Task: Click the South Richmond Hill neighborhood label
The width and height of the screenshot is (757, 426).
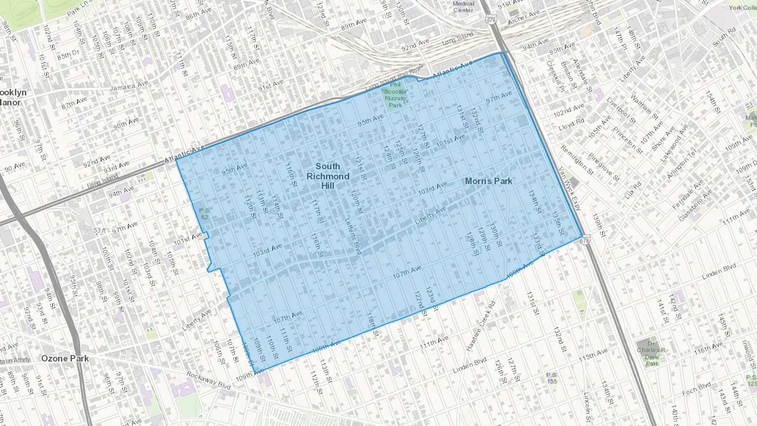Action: point(328,176)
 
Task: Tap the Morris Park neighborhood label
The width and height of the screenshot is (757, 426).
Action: point(488,181)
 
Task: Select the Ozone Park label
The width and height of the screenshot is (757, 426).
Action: point(65,359)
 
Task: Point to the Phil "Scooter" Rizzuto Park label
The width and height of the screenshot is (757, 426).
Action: point(395,95)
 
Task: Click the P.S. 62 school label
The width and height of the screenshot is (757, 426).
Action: point(204,214)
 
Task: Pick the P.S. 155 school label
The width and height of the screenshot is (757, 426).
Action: point(552,378)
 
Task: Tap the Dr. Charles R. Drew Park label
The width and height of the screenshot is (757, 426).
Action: point(651,354)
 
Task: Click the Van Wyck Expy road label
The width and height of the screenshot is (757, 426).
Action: point(569,188)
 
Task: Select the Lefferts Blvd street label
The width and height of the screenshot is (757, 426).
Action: point(353,236)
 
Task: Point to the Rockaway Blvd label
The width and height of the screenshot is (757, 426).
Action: point(209,380)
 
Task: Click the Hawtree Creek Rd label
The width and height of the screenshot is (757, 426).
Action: point(480,325)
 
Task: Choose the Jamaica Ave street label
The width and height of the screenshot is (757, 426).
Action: point(129,86)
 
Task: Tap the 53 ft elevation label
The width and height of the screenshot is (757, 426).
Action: point(100,230)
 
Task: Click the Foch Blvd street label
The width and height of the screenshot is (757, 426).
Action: point(696,389)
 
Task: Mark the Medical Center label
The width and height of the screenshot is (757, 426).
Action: point(463,7)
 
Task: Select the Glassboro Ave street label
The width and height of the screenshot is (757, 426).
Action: point(695,205)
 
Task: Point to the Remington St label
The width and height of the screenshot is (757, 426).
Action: point(577,160)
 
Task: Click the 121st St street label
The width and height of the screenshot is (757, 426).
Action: point(360,168)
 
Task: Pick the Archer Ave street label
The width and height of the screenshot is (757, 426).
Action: point(524,18)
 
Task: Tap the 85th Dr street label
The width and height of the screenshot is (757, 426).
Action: point(68,55)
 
